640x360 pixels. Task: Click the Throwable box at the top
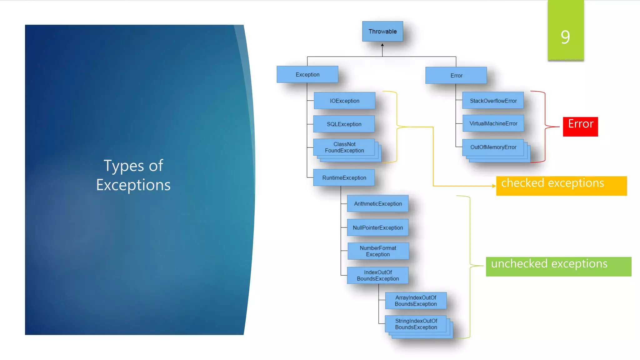[x=382, y=31]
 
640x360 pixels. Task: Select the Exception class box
[x=307, y=74]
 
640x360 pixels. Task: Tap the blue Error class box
[x=456, y=75]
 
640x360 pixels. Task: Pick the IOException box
[x=344, y=101]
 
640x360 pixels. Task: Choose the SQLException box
[x=344, y=124]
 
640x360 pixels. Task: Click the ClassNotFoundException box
[x=344, y=147]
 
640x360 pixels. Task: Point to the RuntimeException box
[x=344, y=177]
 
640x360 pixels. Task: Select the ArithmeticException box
[x=378, y=203]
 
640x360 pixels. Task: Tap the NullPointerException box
[x=378, y=227]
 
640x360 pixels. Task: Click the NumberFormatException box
[x=378, y=251]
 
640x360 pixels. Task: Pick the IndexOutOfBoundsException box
[x=378, y=275]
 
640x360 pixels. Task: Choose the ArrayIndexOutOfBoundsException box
[x=416, y=301]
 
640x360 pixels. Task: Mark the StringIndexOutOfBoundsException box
[x=416, y=324]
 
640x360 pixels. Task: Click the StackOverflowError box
[x=493, y=101]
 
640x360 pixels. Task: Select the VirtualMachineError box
[x=493, y=123]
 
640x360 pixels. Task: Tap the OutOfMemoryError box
[x=493, y=147]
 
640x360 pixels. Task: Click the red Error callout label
[x=580, y=127]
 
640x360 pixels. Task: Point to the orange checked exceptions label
[x=561, y=186]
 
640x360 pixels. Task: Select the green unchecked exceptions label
[x=558, y=266]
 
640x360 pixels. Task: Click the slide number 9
[x=565, y=37]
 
